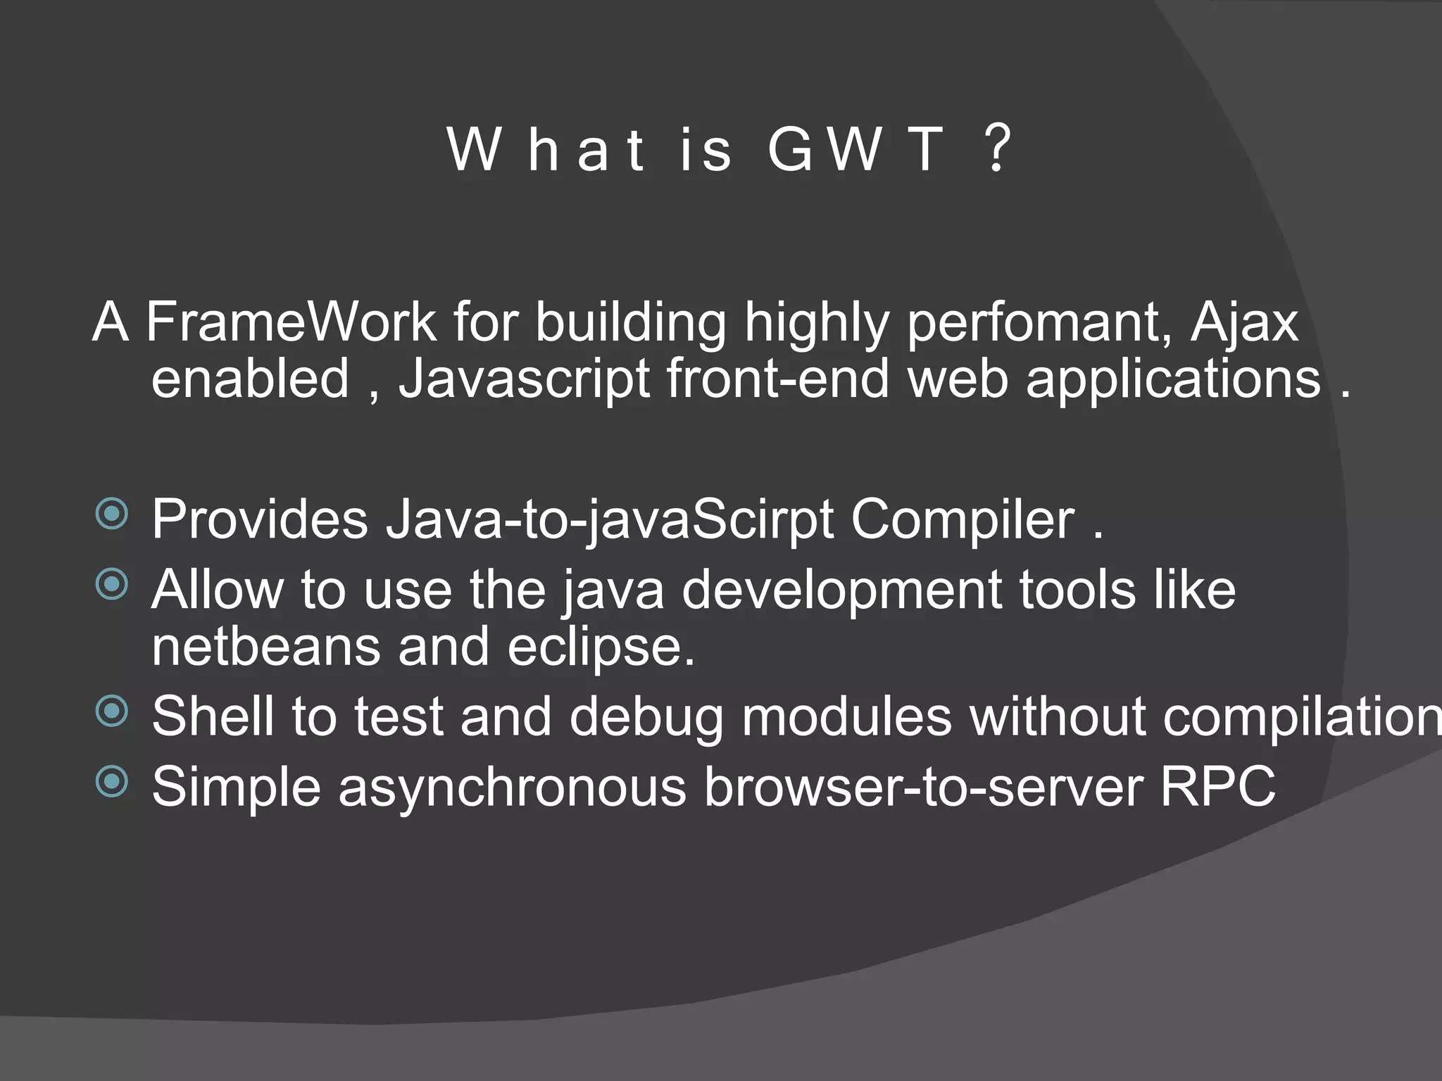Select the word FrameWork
pyautogui.click(x=291, y=322)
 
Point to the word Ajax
pyautogui.click(x=1244, y=322)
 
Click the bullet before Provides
pyautogui.click(x=112, y=514)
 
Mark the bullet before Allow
pyautogui.click(x=112, y=584)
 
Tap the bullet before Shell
pyautogui.click(x=112, y=711)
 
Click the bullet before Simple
pyautogui.click(x=112, y=780)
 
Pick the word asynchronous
pyautogui.click(x=512, y=787)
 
